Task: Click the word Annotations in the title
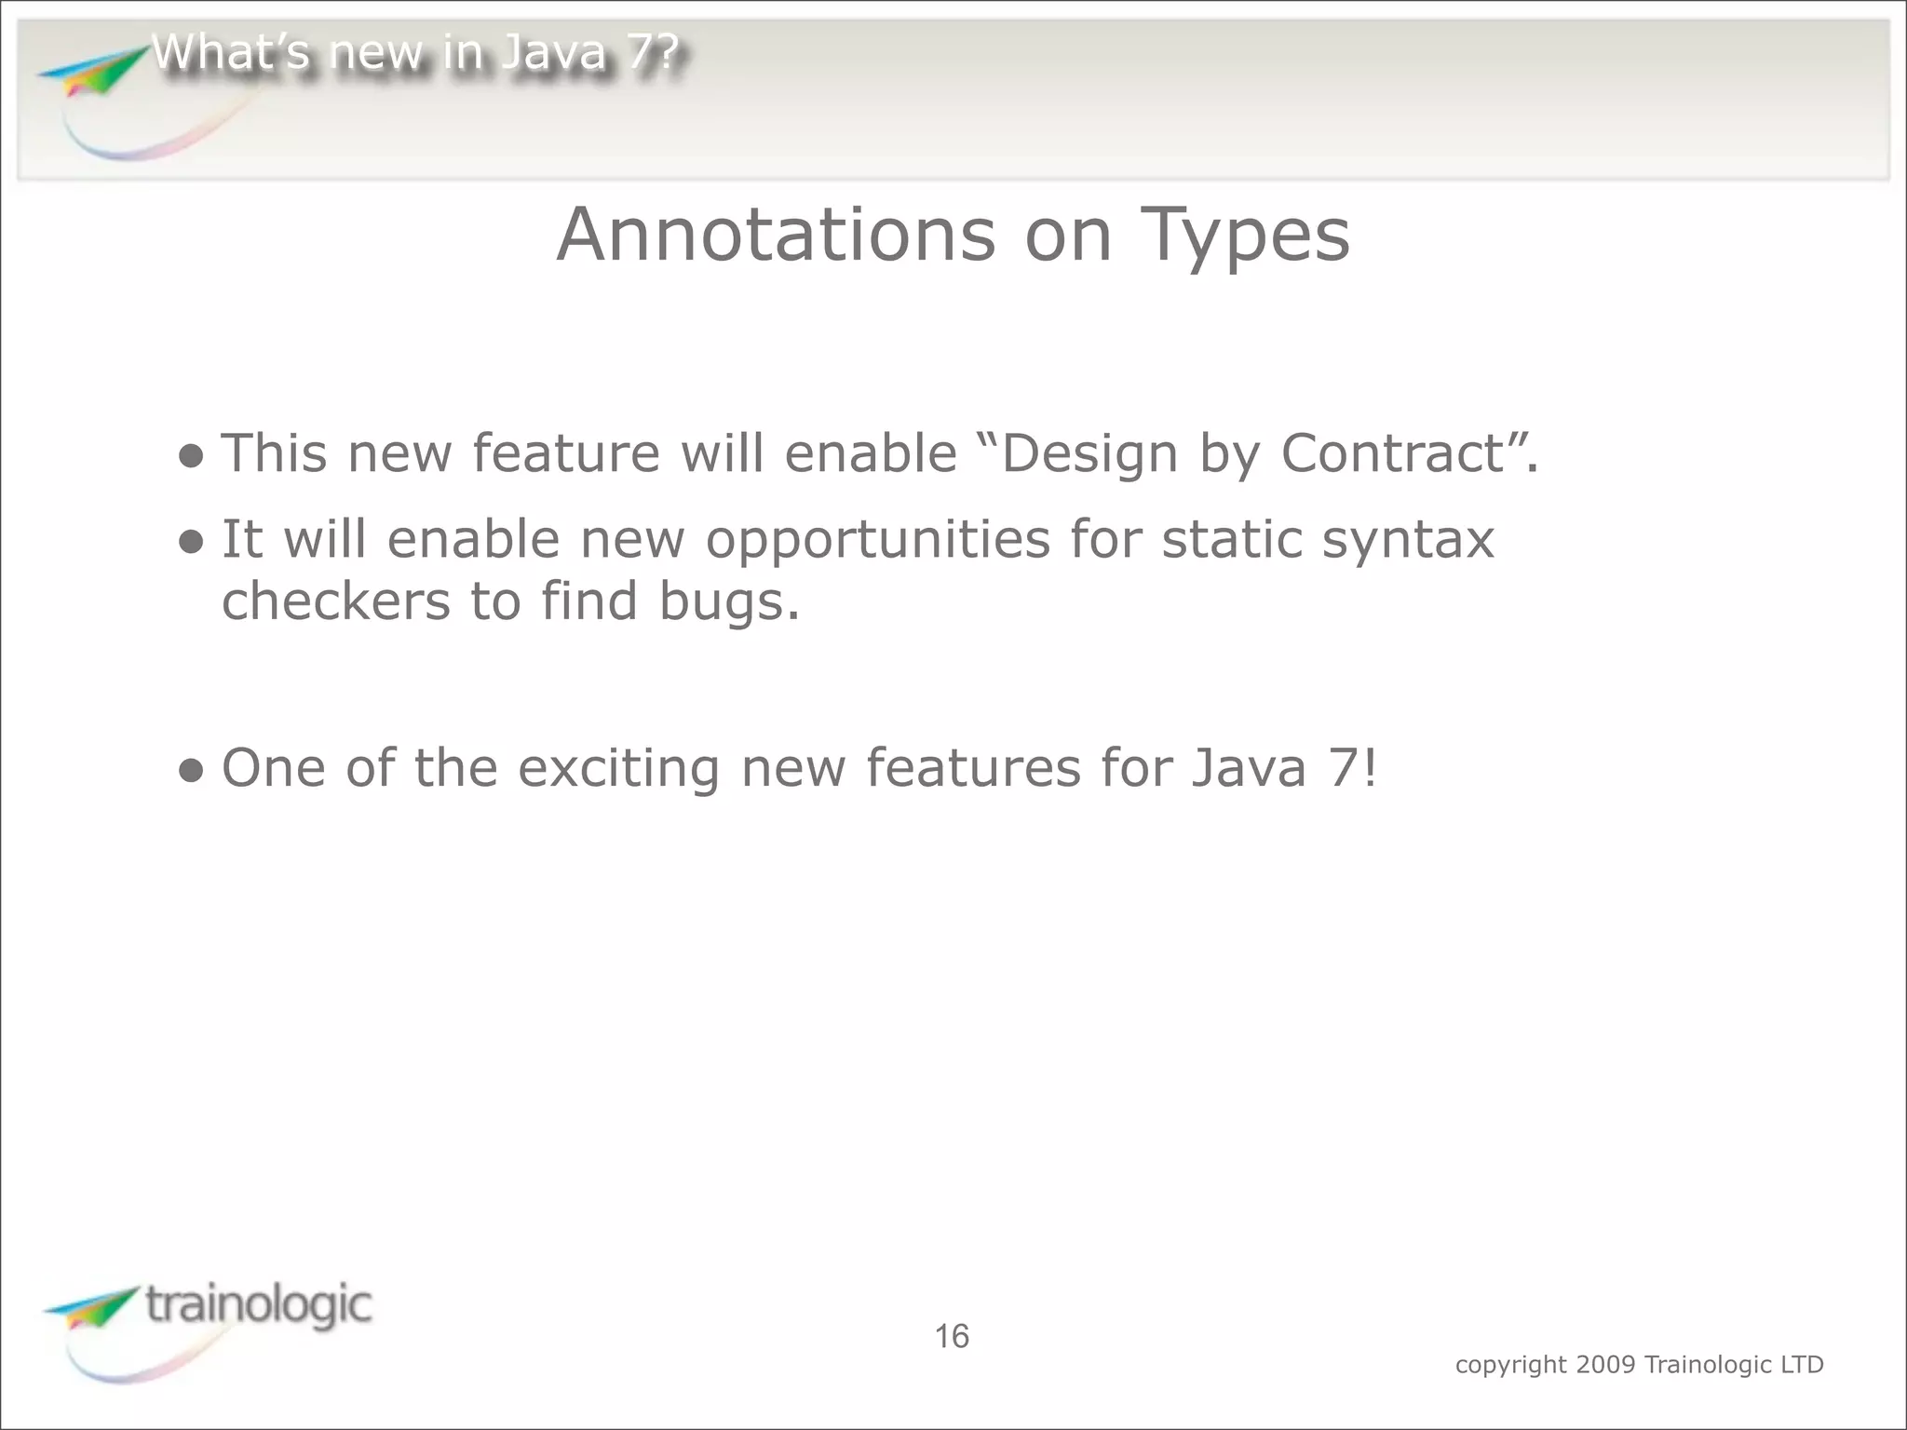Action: tap(776, 235)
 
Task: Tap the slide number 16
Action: tap(952, 1337)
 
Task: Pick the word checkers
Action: tap(335, 600)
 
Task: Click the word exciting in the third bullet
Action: tap(618, 769)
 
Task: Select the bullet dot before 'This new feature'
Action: tap(191, 456)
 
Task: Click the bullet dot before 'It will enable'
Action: tap(191, 542)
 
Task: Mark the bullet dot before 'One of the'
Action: tap(191, 771)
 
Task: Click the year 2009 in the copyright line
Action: tap(1605, 1365)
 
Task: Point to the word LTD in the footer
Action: tap(1801, 1365)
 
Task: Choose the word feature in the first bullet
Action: tap(566, 453)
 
